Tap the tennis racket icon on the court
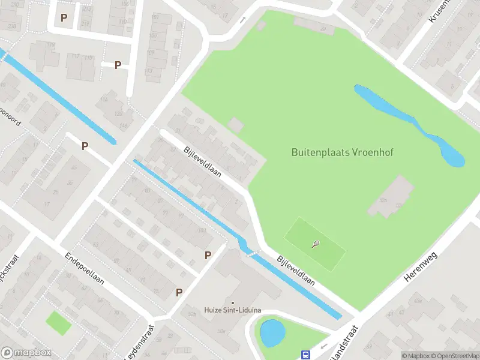[316, 244]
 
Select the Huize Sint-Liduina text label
[233, 310]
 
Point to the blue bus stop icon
[305, 355]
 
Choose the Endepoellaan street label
[85, 268]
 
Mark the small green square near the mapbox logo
[58, 323]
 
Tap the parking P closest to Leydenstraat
[179, 292]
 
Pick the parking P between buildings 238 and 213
[64, 17]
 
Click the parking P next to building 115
[118, 65]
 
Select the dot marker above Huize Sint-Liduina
[233, 302]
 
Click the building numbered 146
[124, 125]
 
